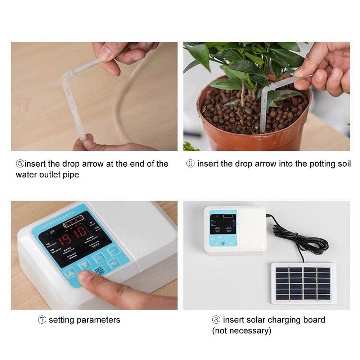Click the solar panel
[x=303, y=283]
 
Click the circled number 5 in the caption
[x=20, y=164]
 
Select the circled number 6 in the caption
[x=190, y=164]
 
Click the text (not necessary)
[x=242, y=330]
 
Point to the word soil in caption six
[x=343, y=164]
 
